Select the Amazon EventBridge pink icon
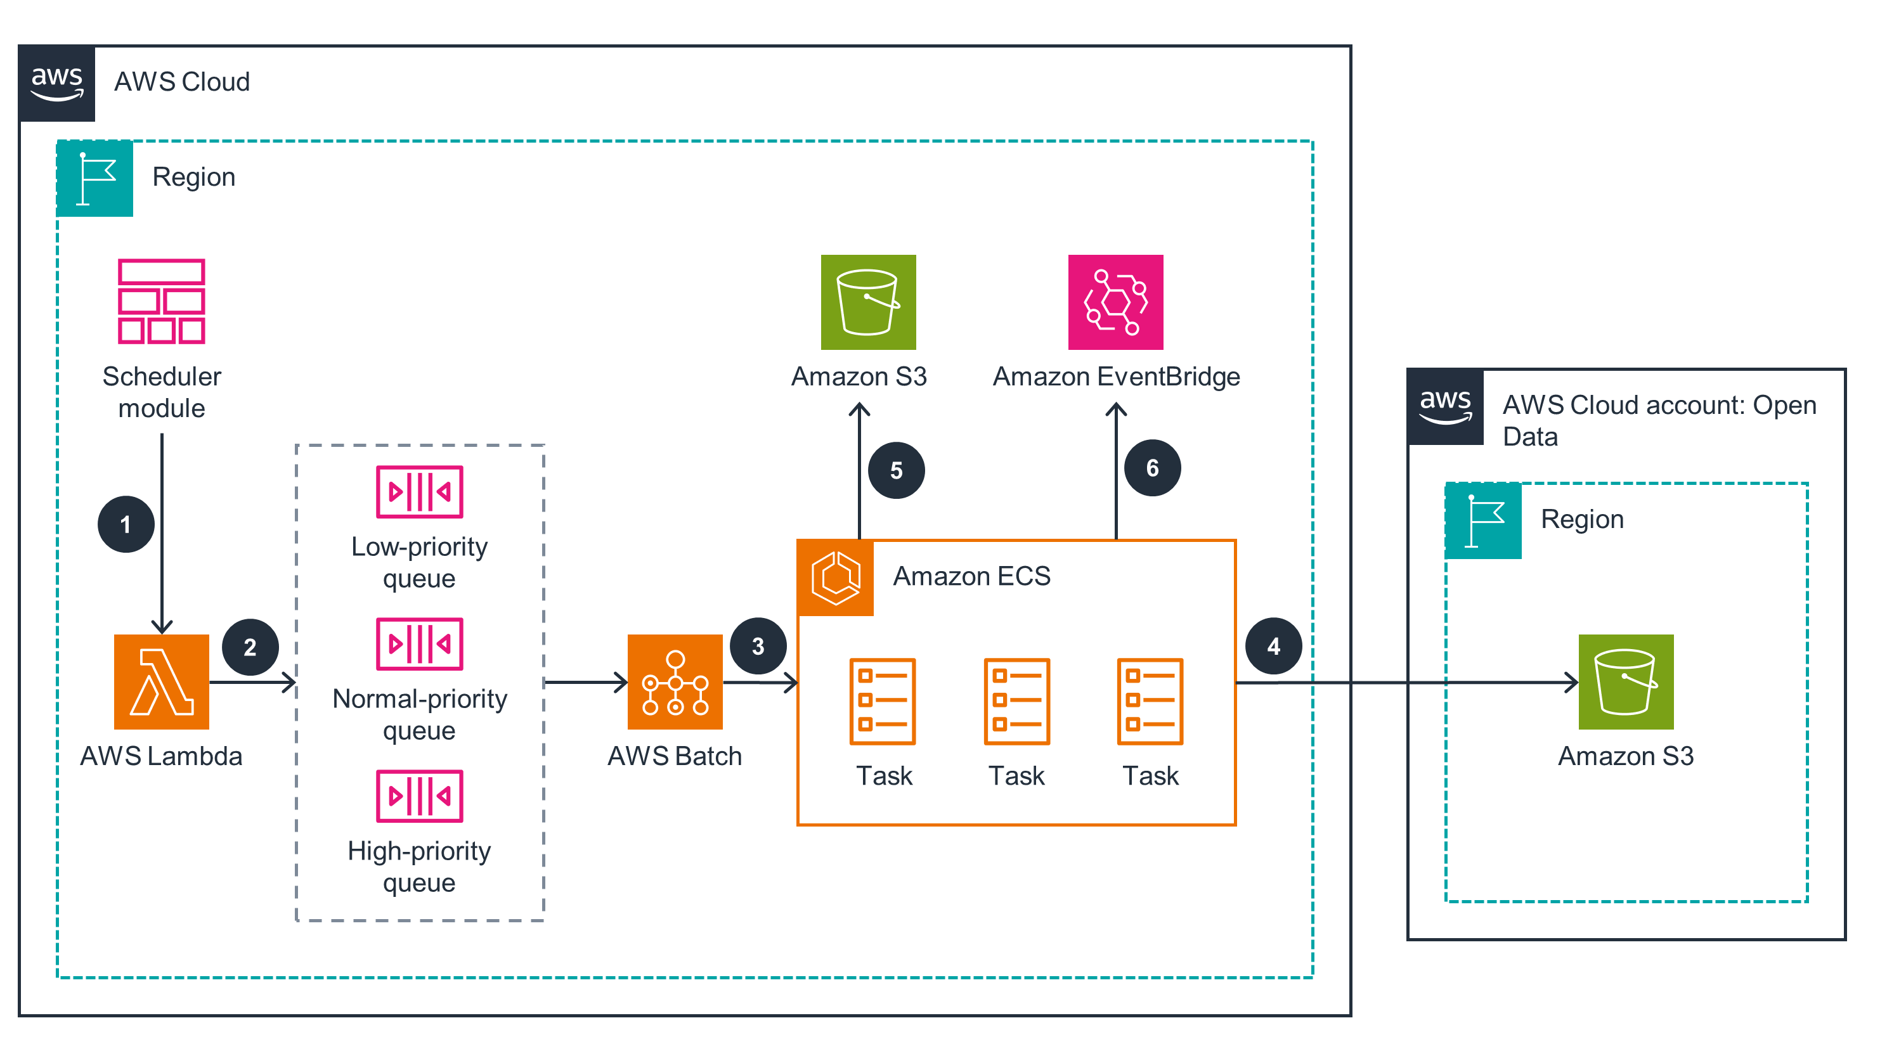[x=1115, y=302]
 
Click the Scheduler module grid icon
[x=161, y=301]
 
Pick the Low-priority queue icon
[x=419, y=491]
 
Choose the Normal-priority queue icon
[x=419, y=644]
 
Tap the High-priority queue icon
[x=419, y=796]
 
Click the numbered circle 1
[x=126, y=524]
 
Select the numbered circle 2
[x=250, y=647]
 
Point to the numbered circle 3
[x=758, y=646]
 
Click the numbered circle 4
[x=1273, y=646]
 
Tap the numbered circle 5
[x=896, y=470]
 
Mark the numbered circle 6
[x=1152, y=468]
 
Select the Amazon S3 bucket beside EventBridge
[x=868, y=302]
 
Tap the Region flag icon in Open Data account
[x=1483, y=520]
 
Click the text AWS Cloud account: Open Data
[x=1659, y=420]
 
